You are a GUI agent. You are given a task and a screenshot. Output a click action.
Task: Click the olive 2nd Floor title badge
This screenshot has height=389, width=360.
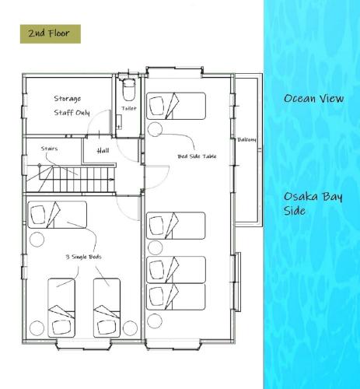pos(51,34)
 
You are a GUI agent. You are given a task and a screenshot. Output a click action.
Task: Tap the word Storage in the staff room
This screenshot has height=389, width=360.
pos(68,99)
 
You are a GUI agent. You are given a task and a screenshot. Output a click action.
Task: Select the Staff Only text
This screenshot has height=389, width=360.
pos(72,113)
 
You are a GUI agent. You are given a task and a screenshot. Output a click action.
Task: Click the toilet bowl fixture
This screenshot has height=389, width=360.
pos(128,89)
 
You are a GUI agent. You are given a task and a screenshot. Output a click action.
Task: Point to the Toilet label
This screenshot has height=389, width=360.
pos(129,108)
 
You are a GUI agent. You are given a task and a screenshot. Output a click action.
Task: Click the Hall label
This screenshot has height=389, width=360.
pos(103,150)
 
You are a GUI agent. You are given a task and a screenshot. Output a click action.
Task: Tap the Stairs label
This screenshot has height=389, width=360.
pos(49,149)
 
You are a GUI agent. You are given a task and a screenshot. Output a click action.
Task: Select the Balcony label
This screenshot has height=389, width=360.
pos(246,139)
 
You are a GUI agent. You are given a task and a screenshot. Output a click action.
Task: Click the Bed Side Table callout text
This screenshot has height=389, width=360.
pos(197,156)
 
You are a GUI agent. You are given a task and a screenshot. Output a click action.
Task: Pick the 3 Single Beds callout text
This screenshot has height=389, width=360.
pos(83,257)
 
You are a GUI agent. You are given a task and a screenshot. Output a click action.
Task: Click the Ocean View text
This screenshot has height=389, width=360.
pos(313,99)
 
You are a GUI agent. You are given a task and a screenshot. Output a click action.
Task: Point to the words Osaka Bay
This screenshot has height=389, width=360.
pos(313,197)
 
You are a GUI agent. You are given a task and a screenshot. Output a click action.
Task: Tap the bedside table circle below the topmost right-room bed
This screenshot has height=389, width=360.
pos(155,129)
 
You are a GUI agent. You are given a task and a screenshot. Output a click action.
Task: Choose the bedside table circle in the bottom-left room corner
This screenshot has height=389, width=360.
pos(37,328)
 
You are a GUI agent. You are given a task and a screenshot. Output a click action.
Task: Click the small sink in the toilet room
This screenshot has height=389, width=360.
pos(119,122)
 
